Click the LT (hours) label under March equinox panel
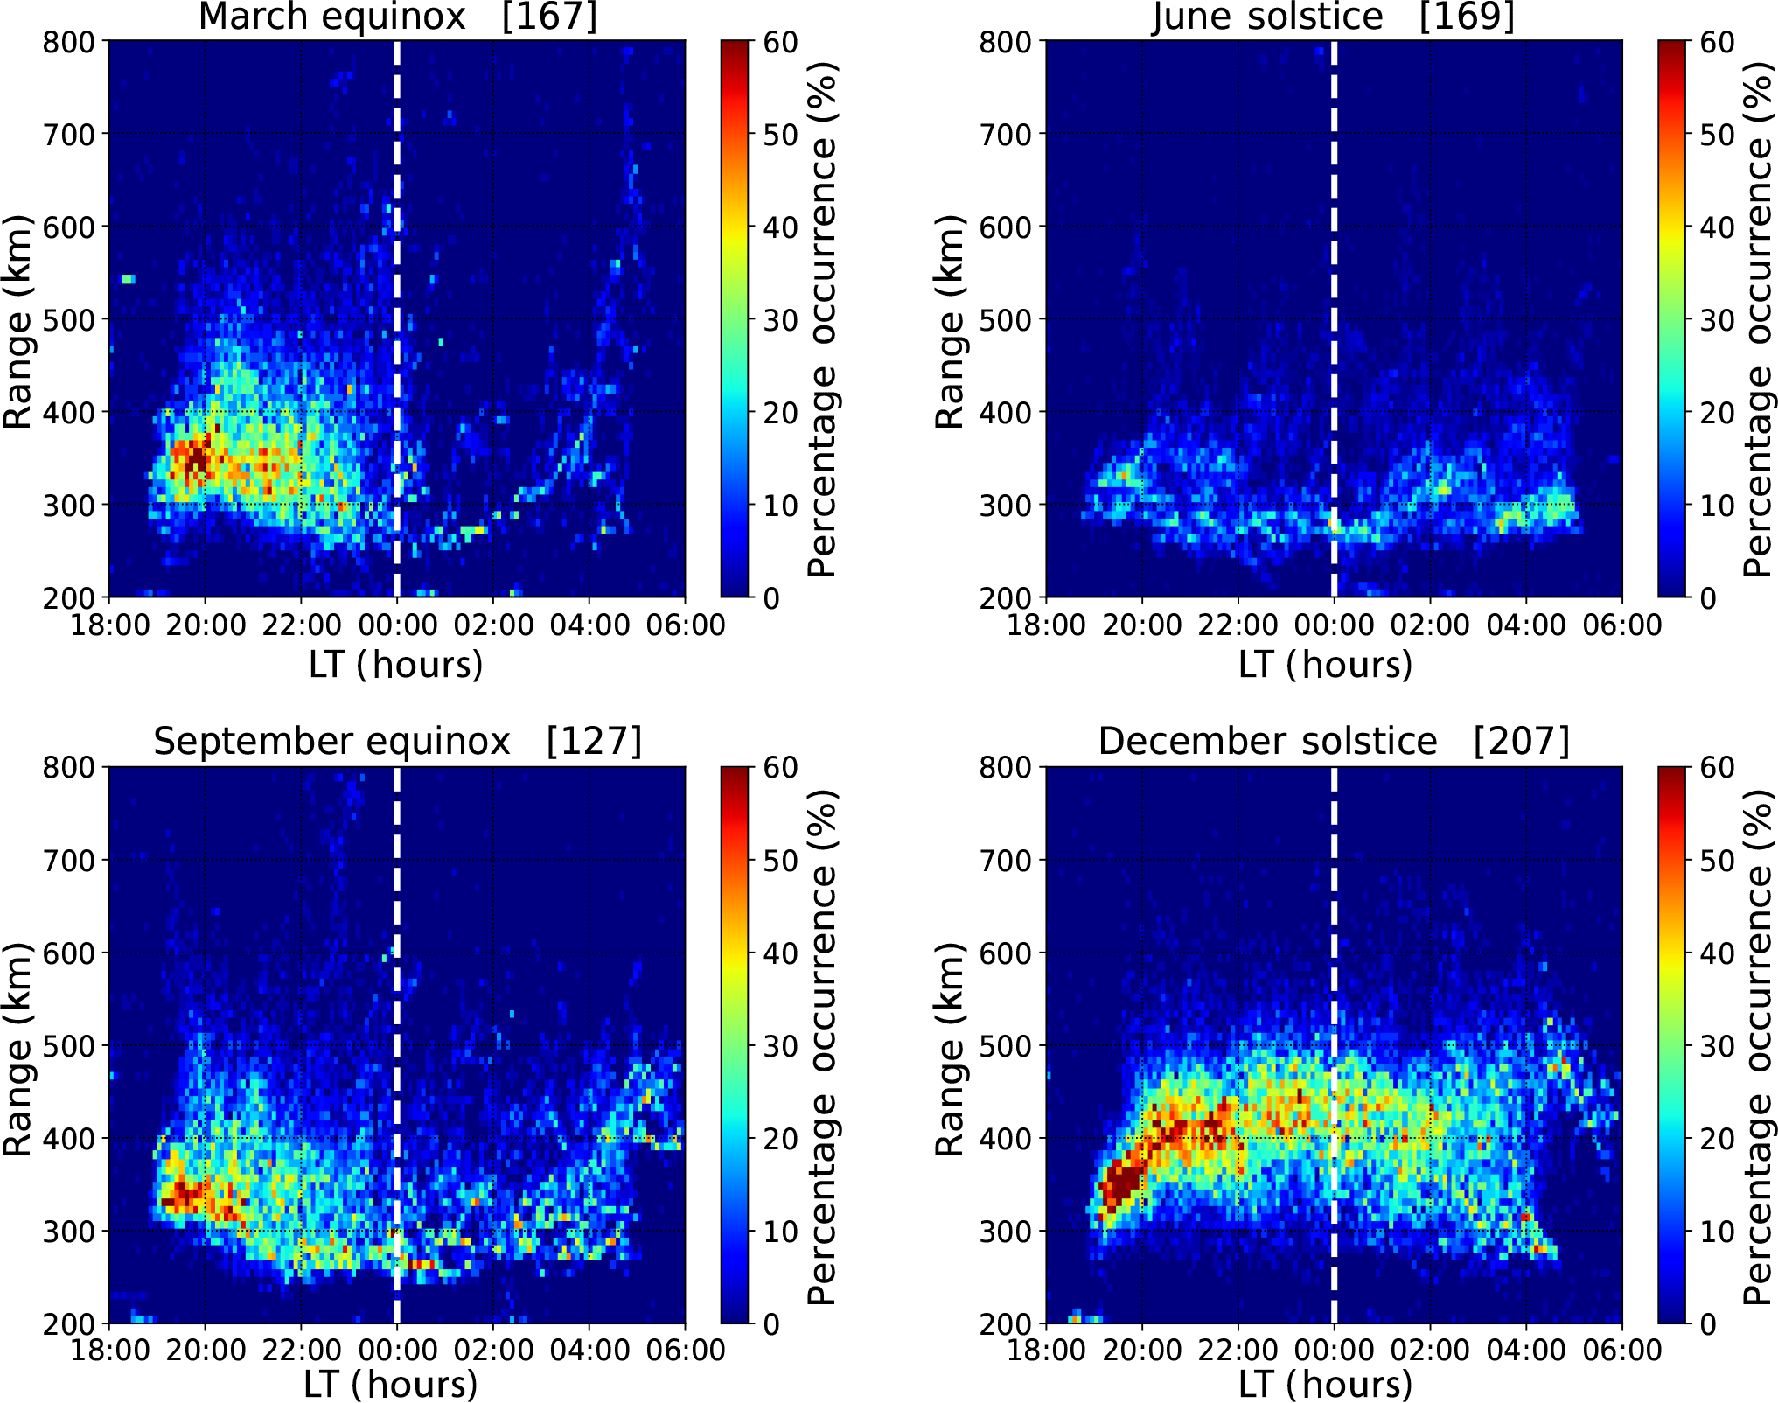pyautogui.click(x=396, y=665)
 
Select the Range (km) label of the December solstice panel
pyautogui.click(x=949, y=1050)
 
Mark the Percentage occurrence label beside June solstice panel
pyautogui.click(x=1756, y=319)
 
